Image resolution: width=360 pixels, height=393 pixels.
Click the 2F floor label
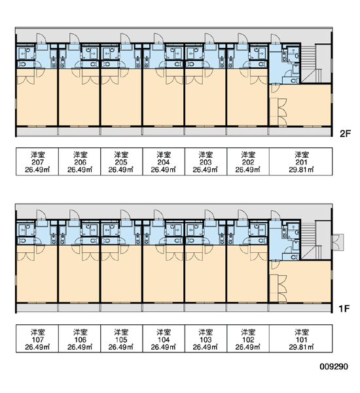point(345,134)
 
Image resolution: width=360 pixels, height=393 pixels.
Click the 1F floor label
point(344,309)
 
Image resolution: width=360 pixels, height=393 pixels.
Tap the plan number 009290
point(334,367)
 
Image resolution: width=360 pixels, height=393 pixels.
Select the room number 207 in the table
point(38,162)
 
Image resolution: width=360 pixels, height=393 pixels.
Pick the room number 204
point(164,162)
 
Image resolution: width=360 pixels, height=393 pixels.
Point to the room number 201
point(301,162)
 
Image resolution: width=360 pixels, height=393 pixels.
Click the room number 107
point(38,339)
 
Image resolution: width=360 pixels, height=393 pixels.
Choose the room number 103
point(206,339)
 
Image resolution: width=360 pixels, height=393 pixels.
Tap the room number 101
point(301,339)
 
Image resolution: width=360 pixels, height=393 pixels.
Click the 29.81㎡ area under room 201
point(301,170)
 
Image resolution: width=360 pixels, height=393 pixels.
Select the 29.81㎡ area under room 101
point(301,347)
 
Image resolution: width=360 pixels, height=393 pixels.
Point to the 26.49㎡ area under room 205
point(121,170)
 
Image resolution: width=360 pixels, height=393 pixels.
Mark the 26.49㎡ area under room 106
point(80,347)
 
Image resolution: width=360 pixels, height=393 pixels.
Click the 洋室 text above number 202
point(248,155)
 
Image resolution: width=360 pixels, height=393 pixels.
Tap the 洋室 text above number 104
point(164,332)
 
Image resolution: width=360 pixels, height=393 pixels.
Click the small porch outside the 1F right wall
point(338,242)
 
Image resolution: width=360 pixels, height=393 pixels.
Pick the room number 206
point(80,162)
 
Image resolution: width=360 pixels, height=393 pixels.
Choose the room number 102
point(248,339)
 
